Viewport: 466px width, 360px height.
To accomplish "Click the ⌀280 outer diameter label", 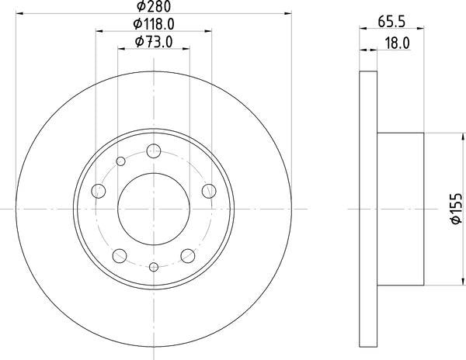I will (153, 8).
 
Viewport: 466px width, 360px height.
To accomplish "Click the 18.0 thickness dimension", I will (396, 43).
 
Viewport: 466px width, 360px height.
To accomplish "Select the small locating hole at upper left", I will (120, 161).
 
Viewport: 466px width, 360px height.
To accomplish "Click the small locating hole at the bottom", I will (153, 267).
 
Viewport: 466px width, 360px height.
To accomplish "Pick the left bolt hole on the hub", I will (99, 191).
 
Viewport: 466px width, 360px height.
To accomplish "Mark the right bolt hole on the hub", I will (208, 191).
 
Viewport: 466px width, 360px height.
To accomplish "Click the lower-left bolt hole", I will (120, 254).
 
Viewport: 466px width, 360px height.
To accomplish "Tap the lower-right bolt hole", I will (186, 254).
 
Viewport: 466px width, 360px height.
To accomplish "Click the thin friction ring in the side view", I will (368, 208).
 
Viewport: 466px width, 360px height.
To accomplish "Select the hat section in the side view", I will (401, 208).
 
